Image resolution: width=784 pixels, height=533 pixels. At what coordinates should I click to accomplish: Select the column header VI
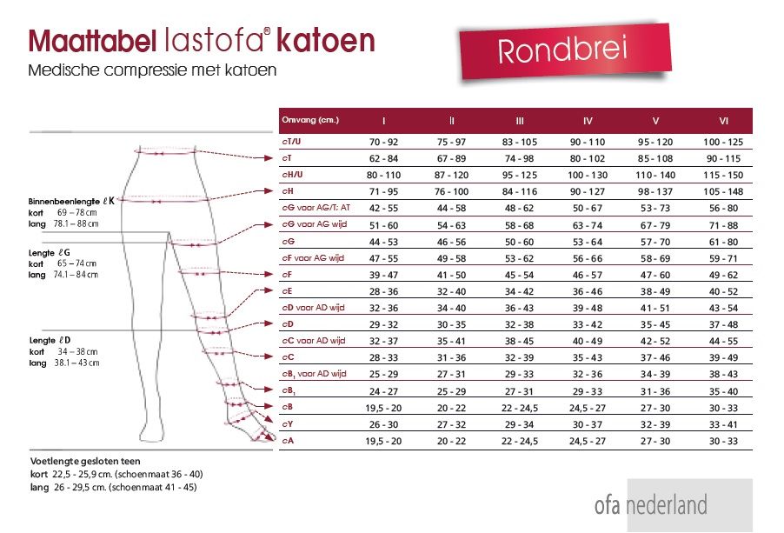tap(723, 120)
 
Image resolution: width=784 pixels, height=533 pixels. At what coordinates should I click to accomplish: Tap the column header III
tap(520, 120)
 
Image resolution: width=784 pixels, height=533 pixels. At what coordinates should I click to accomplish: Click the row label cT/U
tap(292, 142)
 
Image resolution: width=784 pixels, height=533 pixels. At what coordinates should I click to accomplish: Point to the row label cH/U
tap(293, 174)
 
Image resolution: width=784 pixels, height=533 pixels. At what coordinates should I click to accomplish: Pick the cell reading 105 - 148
tap(723, 190)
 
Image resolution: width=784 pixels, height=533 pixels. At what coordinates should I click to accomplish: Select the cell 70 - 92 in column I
tap(383, 142)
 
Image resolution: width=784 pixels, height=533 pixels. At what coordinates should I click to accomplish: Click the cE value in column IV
tap(587, 291)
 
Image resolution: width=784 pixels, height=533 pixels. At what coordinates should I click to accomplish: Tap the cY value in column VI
tap(723, 424)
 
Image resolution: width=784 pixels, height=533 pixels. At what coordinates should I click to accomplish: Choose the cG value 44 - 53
tap(383, 241)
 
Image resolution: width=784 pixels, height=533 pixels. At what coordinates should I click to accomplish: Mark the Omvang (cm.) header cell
tap(309, 120)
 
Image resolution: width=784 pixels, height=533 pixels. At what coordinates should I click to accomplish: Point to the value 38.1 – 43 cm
tap(78, 363)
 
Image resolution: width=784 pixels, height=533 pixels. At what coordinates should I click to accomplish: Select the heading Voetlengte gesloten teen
tap(85, 461)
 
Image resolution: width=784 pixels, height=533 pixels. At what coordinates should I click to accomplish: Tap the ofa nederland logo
tap(650, 505)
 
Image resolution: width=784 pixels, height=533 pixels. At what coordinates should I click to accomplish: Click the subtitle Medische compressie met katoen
tap(152, 70)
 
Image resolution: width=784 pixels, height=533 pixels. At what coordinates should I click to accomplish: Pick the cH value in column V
tap(656, 190)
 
